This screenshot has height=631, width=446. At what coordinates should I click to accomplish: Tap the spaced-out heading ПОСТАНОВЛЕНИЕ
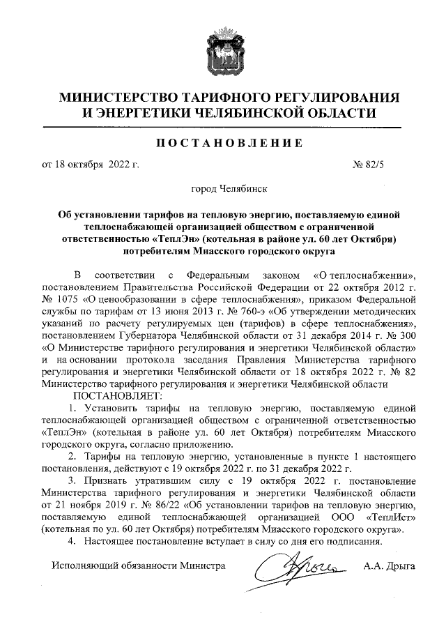pyautogui.click(x=222, y=144)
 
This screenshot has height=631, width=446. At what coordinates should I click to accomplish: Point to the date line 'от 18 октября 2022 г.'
pyautogui.click(x=91, y=165)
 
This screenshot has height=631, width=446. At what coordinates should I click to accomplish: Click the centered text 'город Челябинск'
pyautogui.click(x=222, y=188)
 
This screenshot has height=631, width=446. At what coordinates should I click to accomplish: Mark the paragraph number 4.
pyautogui.click(x=70, y=542)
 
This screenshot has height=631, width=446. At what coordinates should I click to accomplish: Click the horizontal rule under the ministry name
pyautogui.click(x=222, y=127)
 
